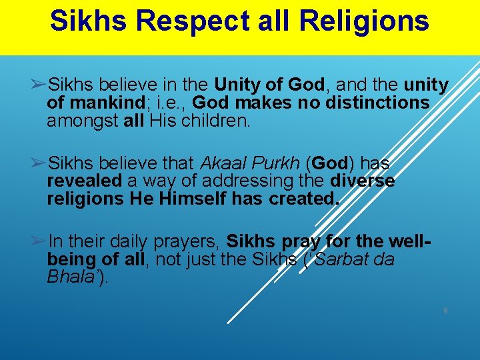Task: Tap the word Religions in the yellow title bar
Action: click(365, 21)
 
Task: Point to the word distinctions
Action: click(375, 103)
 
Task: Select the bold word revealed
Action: click(84, 181)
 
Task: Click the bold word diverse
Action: click(362, 181)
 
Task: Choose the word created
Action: click(304, 199)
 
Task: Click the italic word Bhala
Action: click(71, 277)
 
